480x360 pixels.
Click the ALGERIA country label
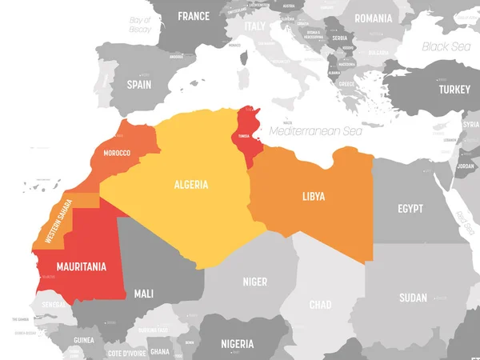point(191,185)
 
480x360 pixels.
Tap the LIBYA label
point(314,195)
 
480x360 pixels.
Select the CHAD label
point(321,306)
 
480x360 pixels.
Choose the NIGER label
point(254,282)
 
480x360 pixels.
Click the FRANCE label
point(194,15)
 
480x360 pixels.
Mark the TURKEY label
point(454,90)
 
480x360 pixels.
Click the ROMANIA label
point(374,18)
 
